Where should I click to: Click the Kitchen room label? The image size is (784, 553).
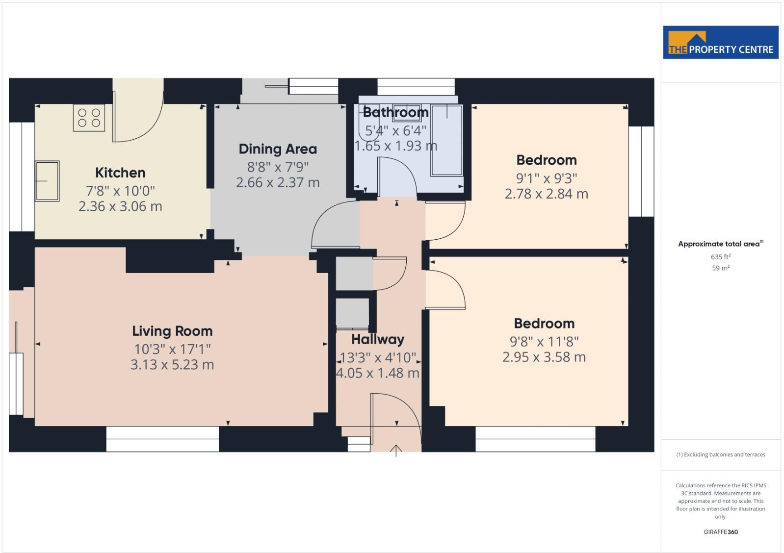[120, 173]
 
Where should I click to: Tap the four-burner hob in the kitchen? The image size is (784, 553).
[89, 118]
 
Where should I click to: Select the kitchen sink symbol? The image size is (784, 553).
[47, 181]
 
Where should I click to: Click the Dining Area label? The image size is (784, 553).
[278, 149]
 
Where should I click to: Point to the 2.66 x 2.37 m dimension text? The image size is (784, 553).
[278, 182]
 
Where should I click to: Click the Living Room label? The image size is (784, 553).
[172, 331]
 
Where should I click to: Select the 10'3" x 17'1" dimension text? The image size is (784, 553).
[172, 349]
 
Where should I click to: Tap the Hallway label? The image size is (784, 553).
[377, 339]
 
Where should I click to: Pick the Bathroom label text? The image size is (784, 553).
[395, 112]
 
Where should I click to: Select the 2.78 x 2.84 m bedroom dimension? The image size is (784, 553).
[546, 194]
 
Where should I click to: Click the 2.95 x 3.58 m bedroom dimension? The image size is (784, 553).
[544, 357]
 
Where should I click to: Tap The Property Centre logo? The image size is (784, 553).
[720, 43]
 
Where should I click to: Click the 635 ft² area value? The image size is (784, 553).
[720, 257]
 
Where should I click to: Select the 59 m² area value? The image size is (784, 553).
[720, 268]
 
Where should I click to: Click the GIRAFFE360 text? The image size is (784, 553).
[720, 532]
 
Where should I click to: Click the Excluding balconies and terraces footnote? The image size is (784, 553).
[720, 454]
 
